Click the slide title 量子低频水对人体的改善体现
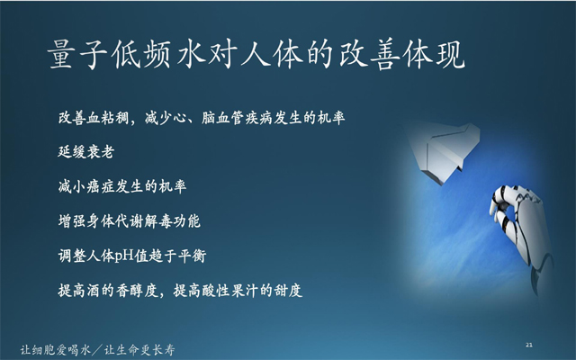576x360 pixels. point(256,56)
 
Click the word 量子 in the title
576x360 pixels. point(78,56)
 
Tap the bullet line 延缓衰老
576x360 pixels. point(86,152)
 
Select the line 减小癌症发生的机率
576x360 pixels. point(122,186)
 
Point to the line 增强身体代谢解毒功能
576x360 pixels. point(130,221)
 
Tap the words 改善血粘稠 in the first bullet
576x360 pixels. point(94,118)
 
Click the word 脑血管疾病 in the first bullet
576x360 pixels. point(237,118)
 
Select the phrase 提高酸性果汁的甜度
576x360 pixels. point(238,291)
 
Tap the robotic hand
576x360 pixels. point(522,235)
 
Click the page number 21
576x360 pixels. point(529,345)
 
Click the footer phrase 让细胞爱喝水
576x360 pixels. point(56,349)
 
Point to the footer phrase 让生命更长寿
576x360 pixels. point(139,349)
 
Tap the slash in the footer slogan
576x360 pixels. point(97,350)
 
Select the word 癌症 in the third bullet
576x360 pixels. point(101,186)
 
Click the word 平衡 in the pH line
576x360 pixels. point(192,256)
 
